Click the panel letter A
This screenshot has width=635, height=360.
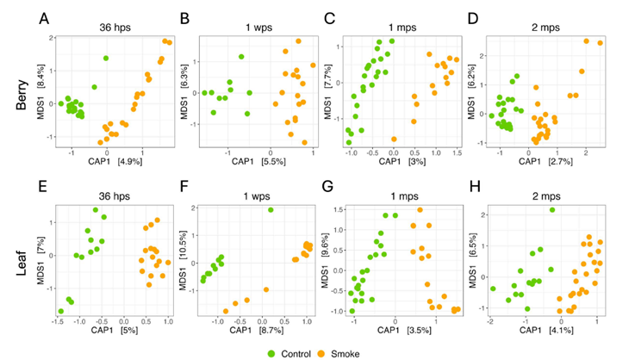click(x=45, y=16)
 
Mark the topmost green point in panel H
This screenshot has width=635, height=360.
click(x=552, y=209)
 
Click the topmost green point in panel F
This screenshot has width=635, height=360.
click(x=271, y=209)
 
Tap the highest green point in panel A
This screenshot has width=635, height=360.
click(x=106, y=58)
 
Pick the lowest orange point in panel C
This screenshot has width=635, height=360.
click(x=394, y=139)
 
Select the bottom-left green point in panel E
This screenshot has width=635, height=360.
click(x=61, y=311)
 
